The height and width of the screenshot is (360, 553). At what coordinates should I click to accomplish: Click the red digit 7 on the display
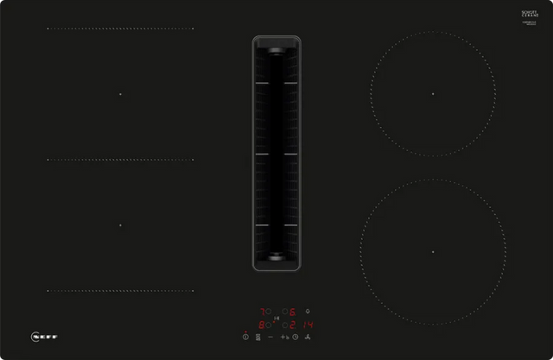tap(262, 312)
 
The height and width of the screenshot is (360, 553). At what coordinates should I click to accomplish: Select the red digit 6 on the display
tap(292, 312)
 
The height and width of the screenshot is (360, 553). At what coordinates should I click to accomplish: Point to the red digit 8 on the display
tap(261, 325)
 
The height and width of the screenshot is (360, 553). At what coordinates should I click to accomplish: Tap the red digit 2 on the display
tap(292, 325)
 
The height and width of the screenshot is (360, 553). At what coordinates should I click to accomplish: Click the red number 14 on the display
tap(308, 325)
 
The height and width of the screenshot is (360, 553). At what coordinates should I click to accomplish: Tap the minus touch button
tap(270, 337)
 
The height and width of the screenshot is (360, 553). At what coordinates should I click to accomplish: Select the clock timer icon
tap(295, 337)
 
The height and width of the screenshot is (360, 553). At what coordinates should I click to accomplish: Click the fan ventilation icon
tap(308, 337)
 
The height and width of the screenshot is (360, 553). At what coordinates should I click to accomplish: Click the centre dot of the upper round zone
tap(433, 93)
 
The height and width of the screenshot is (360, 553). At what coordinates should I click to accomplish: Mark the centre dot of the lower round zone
tap(433, 251)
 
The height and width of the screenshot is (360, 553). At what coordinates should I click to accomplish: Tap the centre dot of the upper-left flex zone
tap(120, 93)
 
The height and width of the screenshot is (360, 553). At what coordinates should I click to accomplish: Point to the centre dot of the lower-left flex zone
tap(120, 225)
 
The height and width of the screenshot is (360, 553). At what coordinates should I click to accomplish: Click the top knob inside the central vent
tap(276, 51)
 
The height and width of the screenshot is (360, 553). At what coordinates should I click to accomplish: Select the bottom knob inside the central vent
tap(276, 256)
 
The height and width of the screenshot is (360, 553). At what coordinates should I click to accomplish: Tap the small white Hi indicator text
tap(276, 318)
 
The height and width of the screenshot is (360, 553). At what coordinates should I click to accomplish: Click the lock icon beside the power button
tap(257, 337)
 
